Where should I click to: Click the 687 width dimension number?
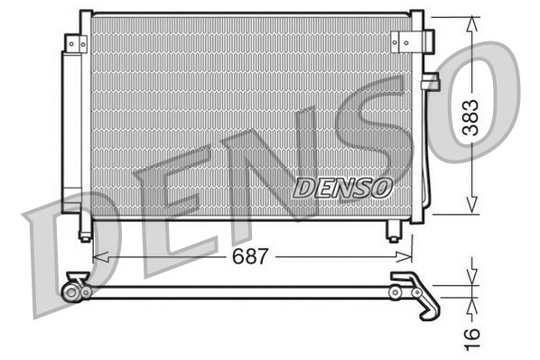click(252, 256)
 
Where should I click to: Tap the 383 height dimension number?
click(470, 115)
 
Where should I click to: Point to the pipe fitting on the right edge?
click(431, 82)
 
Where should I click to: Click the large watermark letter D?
click(72, 262)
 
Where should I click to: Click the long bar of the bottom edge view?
click(244, 291)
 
